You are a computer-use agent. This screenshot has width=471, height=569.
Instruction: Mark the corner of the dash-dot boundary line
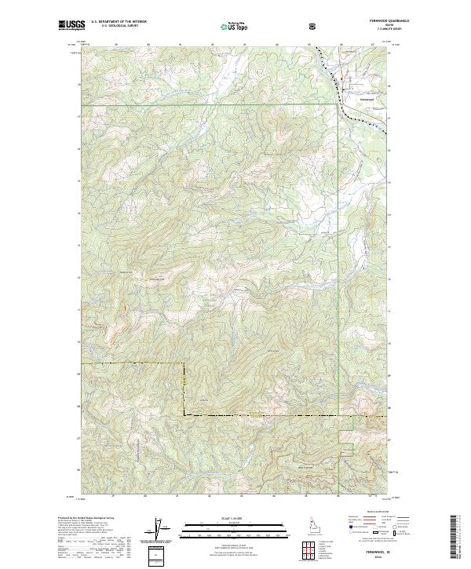(x=184, y=414)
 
